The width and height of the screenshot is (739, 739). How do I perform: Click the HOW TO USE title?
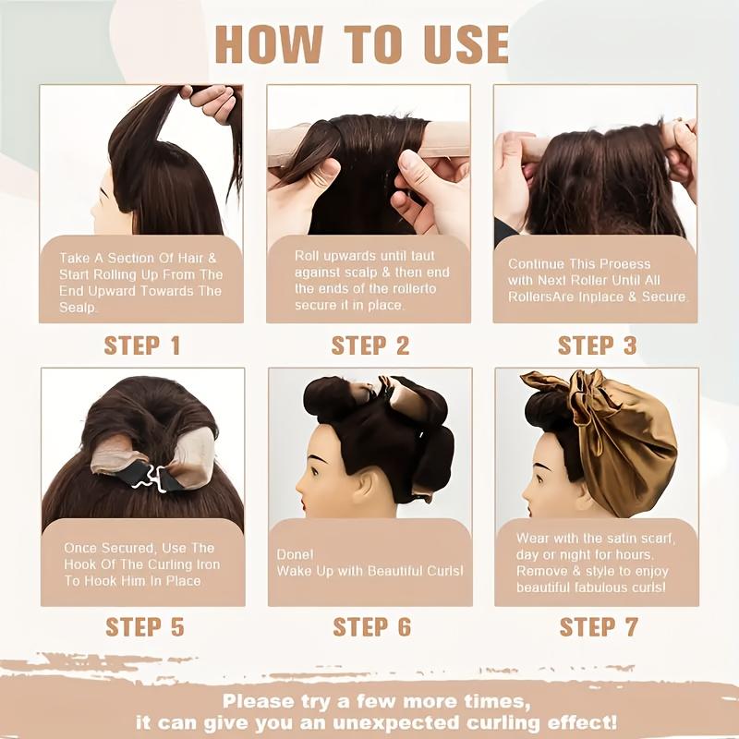[362, 44]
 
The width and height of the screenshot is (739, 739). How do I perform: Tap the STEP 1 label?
[142, 346]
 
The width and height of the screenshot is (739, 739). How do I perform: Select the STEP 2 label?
[369, 346]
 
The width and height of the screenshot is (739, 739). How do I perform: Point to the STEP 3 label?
[597, 346]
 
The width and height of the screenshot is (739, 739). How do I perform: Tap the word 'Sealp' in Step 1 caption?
[79, 307]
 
